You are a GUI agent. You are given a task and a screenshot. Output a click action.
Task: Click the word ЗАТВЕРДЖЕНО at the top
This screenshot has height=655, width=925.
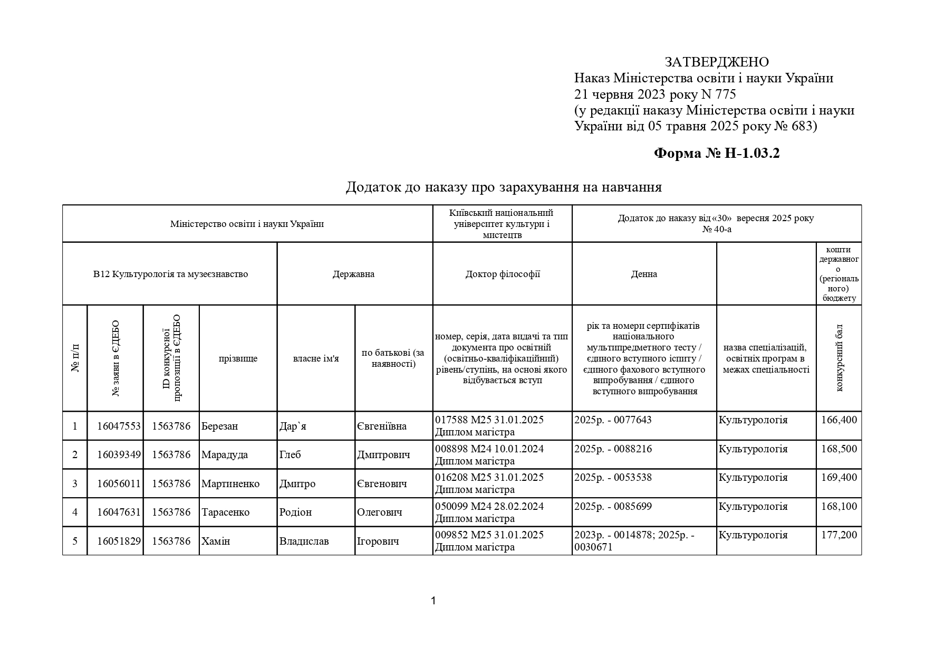[x=716, y=62]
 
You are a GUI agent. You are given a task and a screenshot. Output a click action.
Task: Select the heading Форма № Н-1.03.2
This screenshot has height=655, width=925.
[x=716, y=154]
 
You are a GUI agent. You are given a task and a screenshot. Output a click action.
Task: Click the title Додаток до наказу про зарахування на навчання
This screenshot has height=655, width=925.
[x=504, y=187]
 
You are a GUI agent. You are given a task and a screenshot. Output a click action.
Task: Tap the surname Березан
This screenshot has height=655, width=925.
[x=219, y=426]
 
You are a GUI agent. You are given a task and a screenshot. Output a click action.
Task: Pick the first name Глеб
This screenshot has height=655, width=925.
[x=290, y=455]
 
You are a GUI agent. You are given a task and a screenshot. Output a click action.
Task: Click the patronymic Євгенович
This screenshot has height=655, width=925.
[x=382, y=484]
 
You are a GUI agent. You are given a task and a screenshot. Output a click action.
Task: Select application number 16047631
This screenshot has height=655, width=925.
[x=119, y=512]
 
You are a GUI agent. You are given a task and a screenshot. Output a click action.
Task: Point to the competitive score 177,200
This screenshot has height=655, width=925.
[x=839, y=535]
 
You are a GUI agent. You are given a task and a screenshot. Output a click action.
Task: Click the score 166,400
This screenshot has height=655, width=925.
[x=839, y=420]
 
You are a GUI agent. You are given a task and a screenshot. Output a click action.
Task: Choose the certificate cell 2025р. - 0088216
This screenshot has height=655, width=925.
[x=613, y=449]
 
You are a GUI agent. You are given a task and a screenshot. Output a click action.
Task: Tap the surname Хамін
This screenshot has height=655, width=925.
[x=216, y=542]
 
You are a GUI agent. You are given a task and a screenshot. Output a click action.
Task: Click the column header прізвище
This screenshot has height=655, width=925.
[x=238, y=359]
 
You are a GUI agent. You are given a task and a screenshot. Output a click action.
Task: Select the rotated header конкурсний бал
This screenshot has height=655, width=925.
[x=839, y=358]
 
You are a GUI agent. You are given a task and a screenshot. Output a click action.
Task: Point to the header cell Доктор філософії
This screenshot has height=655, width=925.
[x=502, y=274]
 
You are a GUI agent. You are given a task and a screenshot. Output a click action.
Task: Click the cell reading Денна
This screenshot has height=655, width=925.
[x=644, y=274]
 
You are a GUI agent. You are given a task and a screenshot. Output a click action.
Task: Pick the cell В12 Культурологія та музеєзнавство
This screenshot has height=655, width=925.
[x=170, y=274]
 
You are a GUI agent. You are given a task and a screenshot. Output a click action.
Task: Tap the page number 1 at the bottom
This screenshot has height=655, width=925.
[x=433, y=601]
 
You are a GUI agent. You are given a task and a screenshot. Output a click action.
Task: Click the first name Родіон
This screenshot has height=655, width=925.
[x=295, y=512]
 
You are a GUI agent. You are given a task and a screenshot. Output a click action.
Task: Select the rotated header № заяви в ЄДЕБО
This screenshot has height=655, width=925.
[x=115, y=358]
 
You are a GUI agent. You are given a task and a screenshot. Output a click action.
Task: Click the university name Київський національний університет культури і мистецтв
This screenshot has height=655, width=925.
[x=502, y=224]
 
